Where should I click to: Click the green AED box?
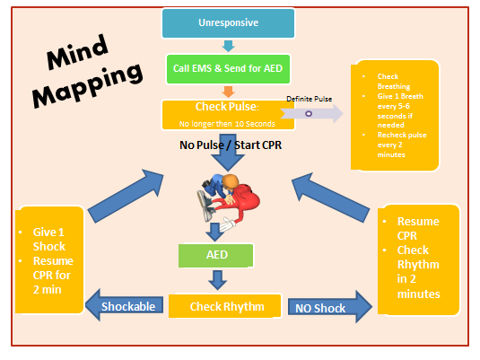214,254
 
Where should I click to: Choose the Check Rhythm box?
225,307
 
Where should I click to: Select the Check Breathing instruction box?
396,115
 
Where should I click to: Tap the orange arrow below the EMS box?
228,91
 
